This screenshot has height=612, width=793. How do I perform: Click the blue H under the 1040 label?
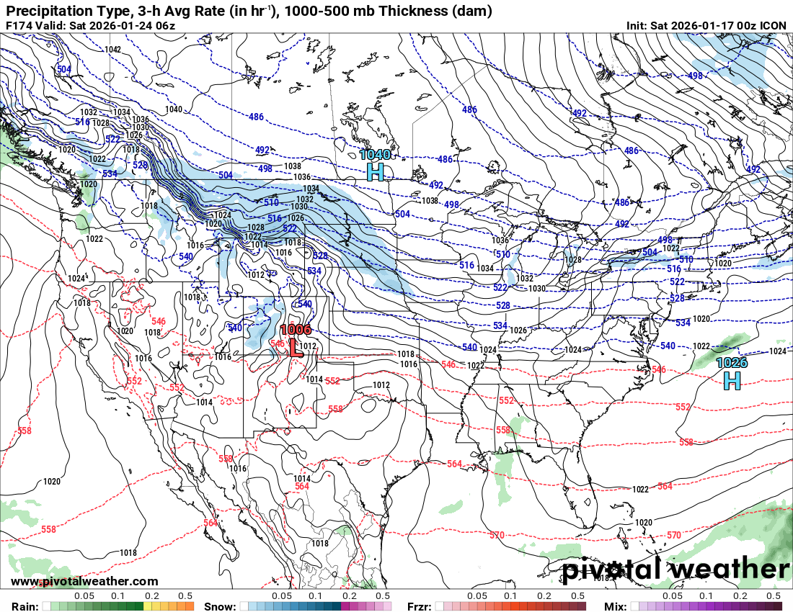pyautogui.click(x=375, y=172)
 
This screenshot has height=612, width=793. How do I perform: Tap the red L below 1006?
pyautogui.click(x=295, y=348)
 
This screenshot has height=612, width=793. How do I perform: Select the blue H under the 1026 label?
pyautogui.click(x=732, y=381)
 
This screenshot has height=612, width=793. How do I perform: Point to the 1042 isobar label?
pyautogui.click(x=112, y=49)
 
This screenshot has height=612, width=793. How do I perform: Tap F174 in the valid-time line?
pyautogui.click(x=18, y=25)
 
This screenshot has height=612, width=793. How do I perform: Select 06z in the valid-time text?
pyautogui.click(x=163, y=25)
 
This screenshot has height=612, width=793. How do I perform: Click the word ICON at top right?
pyautogui.click(x=774, y=25)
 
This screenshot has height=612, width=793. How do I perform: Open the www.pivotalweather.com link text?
pyautogui.click(x=84, y=581)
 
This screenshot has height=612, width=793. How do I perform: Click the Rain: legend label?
pyautogui.click(x=20, y=606)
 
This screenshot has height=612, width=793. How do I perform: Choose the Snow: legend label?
pyautogui.click(x=220, y=606)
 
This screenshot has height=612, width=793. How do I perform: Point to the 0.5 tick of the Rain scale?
pyautogui.click(x=185, y=596)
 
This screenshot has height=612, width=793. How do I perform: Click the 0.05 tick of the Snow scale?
pyautogui.click(x=282, y=596)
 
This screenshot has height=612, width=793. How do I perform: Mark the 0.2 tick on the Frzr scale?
pyautogui.click(x=544, y=596)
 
